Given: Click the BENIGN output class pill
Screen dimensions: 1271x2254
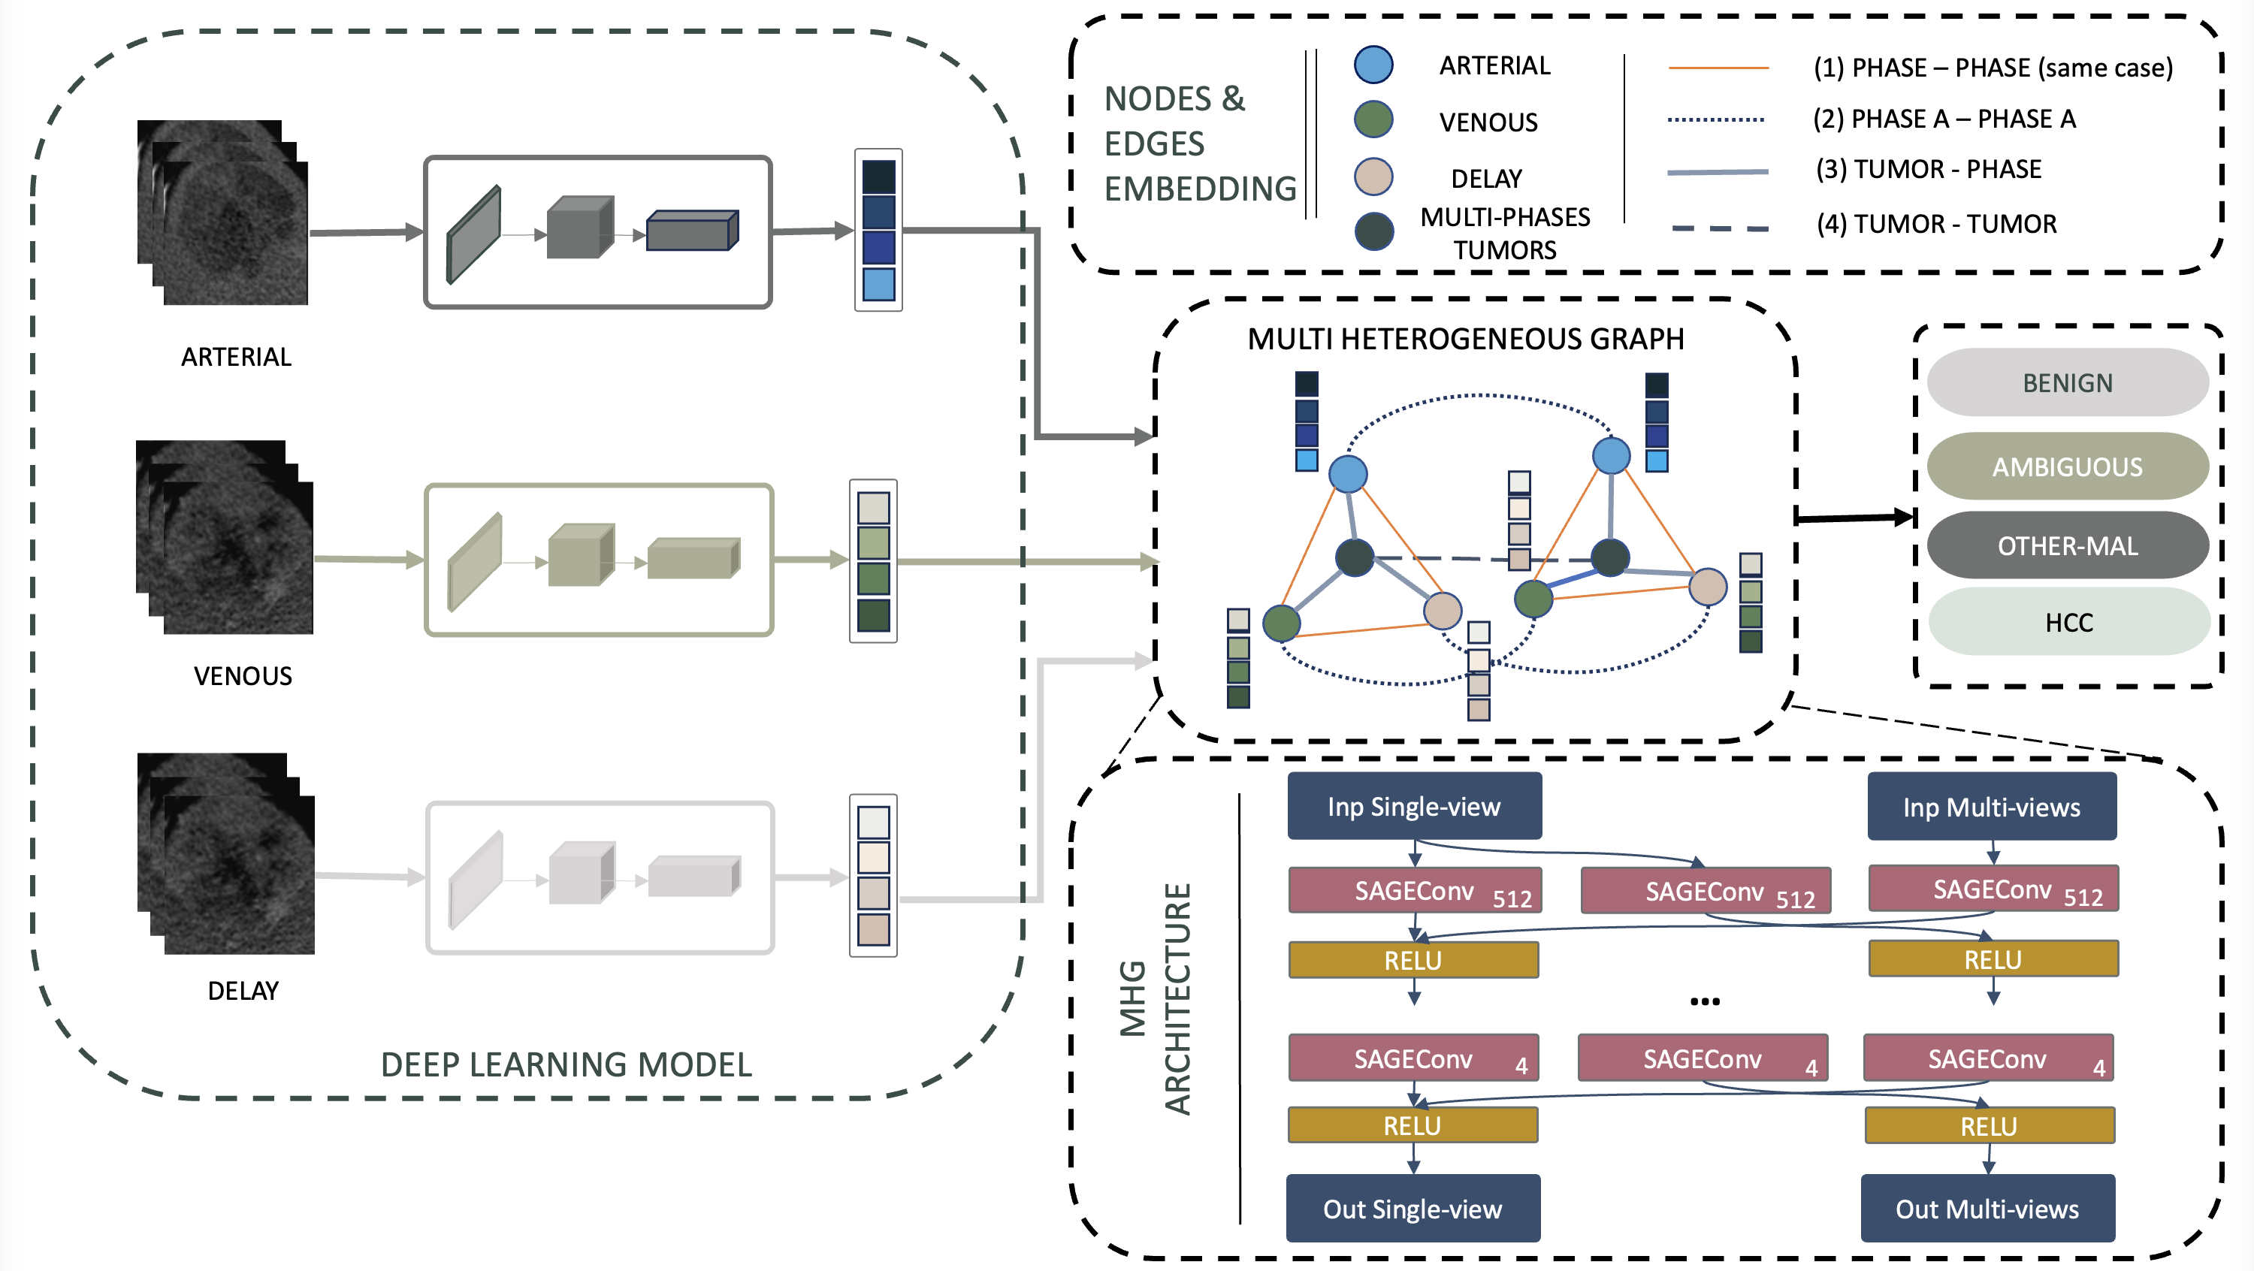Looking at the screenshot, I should tap(2067, 383).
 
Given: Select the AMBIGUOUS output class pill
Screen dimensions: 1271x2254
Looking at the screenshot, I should tap(2067, 466).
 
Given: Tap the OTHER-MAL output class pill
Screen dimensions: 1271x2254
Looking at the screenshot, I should tap(2067, 546).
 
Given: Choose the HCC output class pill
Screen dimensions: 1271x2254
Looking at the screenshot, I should tap(2068, 622).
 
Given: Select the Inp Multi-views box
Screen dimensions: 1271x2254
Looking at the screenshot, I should tap(1992, 807).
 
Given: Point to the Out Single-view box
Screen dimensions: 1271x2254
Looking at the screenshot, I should tap(1413, 1208).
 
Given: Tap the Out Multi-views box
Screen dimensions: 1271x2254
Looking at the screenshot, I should tap(1987, 1208).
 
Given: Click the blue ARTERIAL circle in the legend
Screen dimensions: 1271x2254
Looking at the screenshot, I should tap(1373, 65).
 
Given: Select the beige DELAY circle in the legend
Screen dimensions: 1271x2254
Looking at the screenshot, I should tap(1373, 176).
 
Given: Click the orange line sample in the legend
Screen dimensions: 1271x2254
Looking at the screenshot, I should tap(1718, 68).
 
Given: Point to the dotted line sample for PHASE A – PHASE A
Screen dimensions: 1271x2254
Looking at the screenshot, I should tap(1715, 119).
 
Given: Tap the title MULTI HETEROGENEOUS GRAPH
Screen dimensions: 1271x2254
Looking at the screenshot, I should tap(1466, 339).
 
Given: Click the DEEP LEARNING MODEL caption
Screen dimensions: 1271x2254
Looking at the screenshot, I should tap(566, 1064).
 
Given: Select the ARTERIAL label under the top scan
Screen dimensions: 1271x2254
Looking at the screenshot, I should tap(236, 357).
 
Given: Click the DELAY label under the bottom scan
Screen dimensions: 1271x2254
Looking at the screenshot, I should tap(243, 990).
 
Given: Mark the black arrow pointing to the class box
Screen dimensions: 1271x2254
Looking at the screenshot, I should tap(1855, 518).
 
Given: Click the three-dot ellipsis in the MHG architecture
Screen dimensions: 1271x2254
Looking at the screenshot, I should tap(1705, 1001).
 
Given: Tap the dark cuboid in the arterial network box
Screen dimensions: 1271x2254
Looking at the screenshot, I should tap(692, 231).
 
